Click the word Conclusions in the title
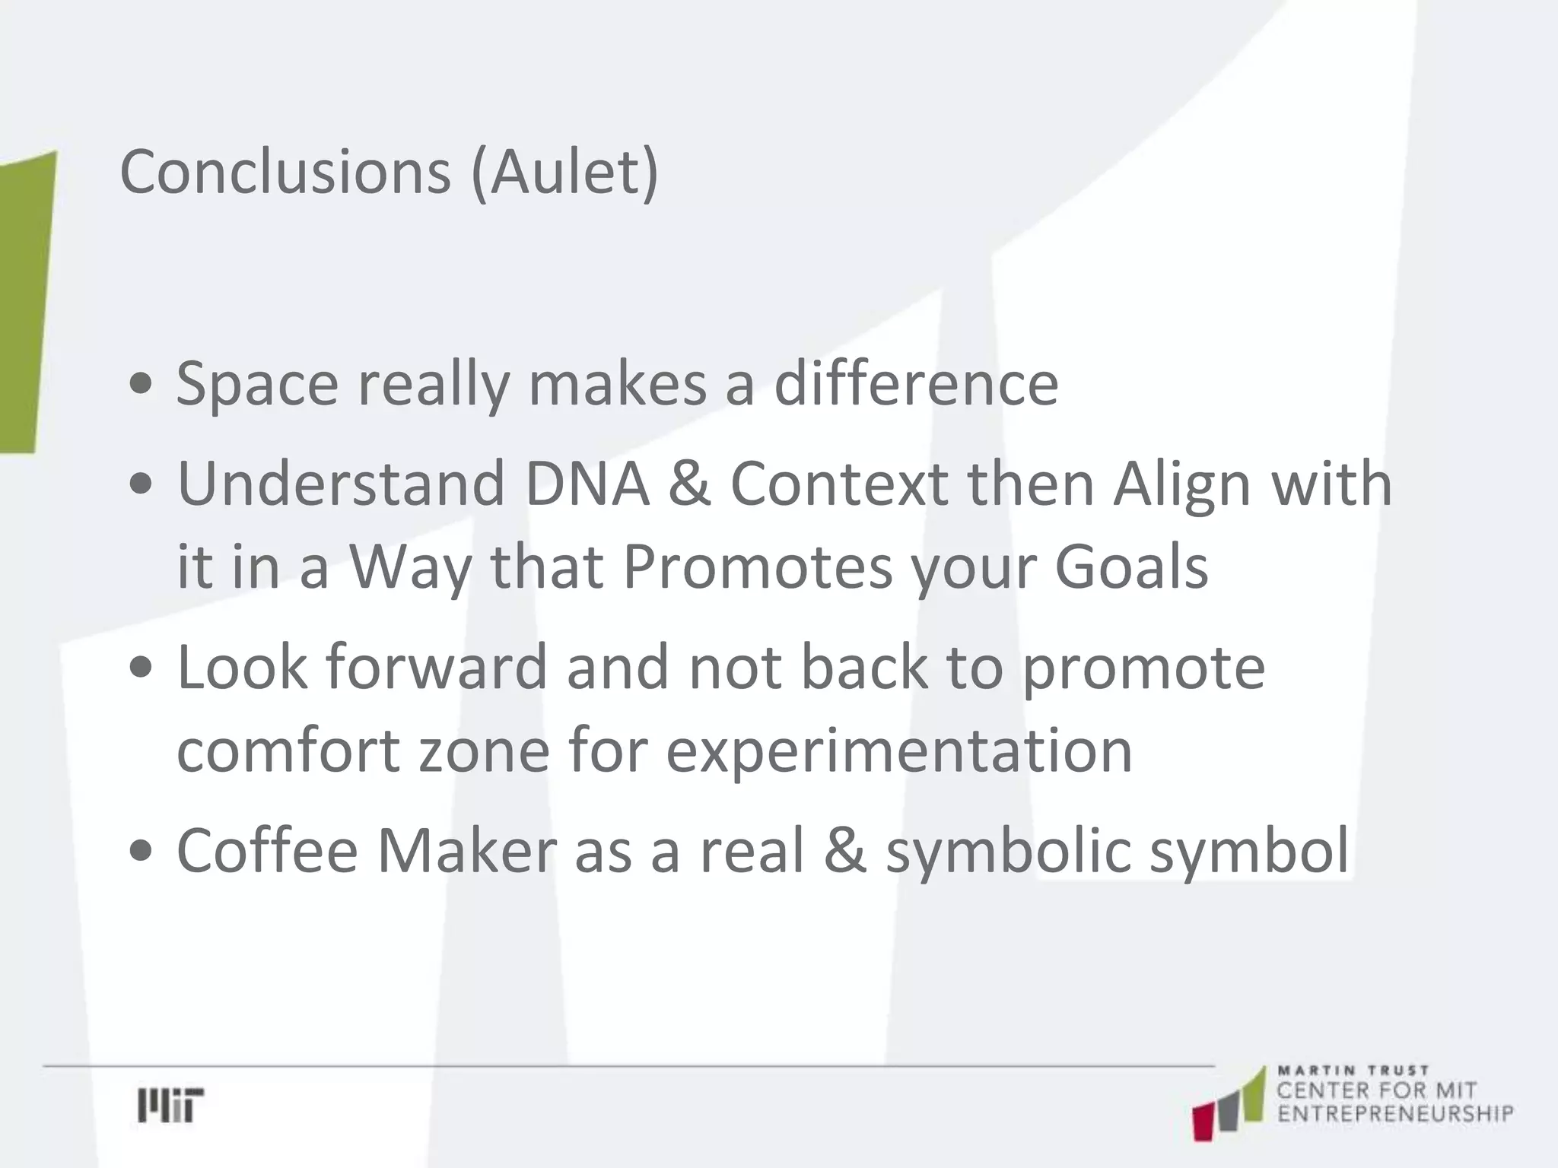pos(285,172)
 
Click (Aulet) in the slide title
pos(564,173)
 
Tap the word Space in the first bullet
pos(257,384)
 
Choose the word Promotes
pos(758,567)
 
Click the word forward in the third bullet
pos(437,667)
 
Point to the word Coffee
pos(267,850)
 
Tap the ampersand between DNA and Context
pos(689,484)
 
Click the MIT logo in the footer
pos(170,1105)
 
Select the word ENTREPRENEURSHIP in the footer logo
pos(1395,1115)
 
